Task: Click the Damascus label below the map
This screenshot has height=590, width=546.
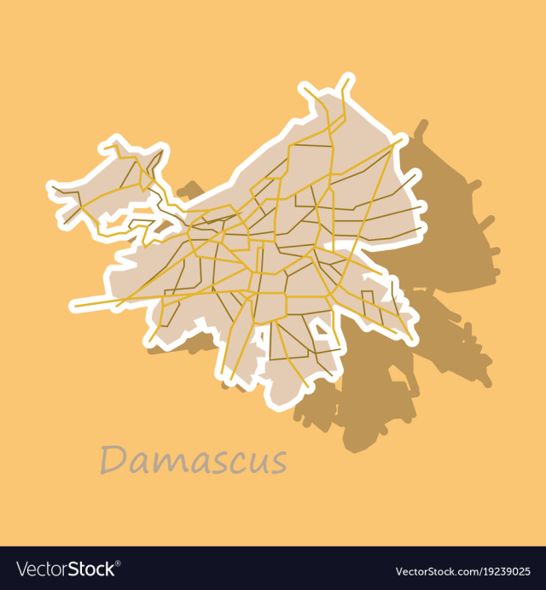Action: [x=193, y=459]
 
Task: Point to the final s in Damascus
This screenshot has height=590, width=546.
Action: [x=276, y=463]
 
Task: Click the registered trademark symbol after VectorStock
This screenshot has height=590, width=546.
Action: [x=119, y=563]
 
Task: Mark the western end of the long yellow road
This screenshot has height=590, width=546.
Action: [x=75, y=303]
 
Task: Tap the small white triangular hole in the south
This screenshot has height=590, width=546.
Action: [x=320, y=325]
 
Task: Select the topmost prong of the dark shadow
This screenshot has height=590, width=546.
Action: [x=421, y=129]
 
